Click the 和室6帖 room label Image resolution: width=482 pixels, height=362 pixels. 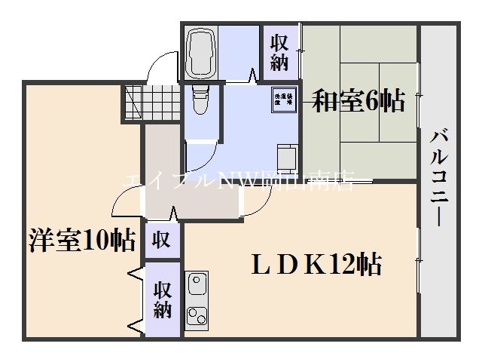click(x=358, y=101)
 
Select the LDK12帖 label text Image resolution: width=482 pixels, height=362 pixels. click(x=316, y=265)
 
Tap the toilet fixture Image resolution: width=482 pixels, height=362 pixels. click(x=201, y=98)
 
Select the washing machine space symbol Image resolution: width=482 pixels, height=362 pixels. click(x=282, y=100)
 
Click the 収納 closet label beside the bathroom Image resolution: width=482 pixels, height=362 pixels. click(x=279, y=51)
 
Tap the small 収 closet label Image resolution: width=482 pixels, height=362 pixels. click(x=162, y=241)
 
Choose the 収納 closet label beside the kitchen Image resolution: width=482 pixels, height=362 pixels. click(x=163, y=299)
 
